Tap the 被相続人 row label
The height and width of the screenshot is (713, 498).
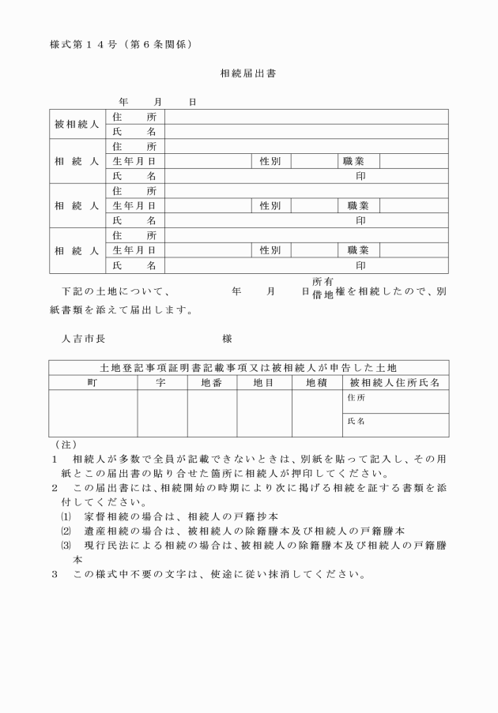tap(77, 125)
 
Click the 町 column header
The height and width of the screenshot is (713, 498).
tap(92, 382)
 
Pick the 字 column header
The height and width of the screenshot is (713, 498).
tap(162, 382)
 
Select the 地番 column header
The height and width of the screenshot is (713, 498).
tap(212, 382)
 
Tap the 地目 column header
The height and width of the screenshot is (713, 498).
tap(264, 382)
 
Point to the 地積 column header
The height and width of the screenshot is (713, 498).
tap(316, 382)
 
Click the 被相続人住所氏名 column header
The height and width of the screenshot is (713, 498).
tap(395, 382)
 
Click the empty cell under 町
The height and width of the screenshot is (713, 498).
tap(92, 413)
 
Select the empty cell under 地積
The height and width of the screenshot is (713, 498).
tap(316, 413)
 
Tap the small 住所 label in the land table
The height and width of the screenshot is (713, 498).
tap(357, 398)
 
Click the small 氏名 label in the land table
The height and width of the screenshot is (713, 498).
tap(357, 422)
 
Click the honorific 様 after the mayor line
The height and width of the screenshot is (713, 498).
tap(227, 339)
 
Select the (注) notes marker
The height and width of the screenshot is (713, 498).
tap(60, 445)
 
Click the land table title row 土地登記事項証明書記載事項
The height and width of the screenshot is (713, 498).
tap(248, 368)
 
